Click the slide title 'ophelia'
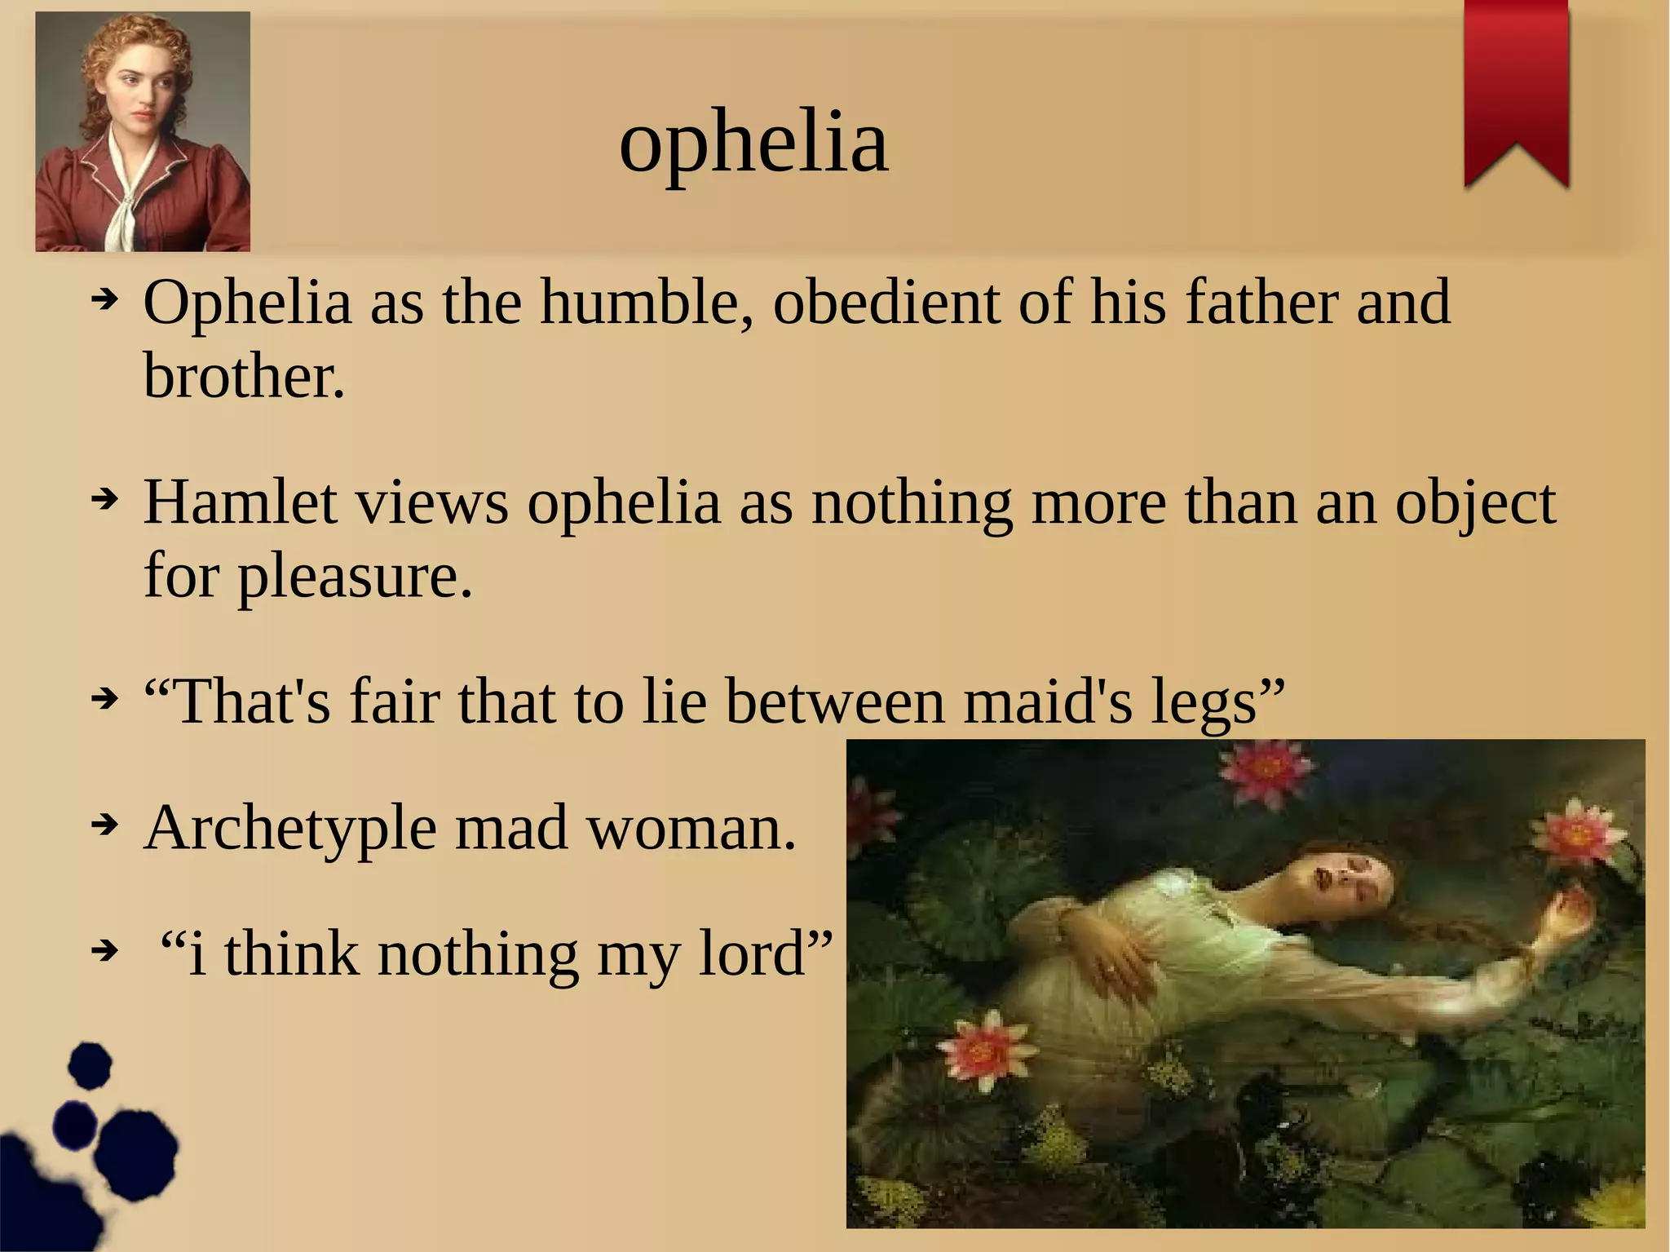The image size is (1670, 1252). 753,144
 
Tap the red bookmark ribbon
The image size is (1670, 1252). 1516,90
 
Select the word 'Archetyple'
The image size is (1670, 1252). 290,829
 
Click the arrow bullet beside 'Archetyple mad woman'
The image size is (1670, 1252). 104,825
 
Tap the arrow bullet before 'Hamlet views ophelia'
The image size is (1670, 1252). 104,498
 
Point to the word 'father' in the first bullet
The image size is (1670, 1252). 1261,303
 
